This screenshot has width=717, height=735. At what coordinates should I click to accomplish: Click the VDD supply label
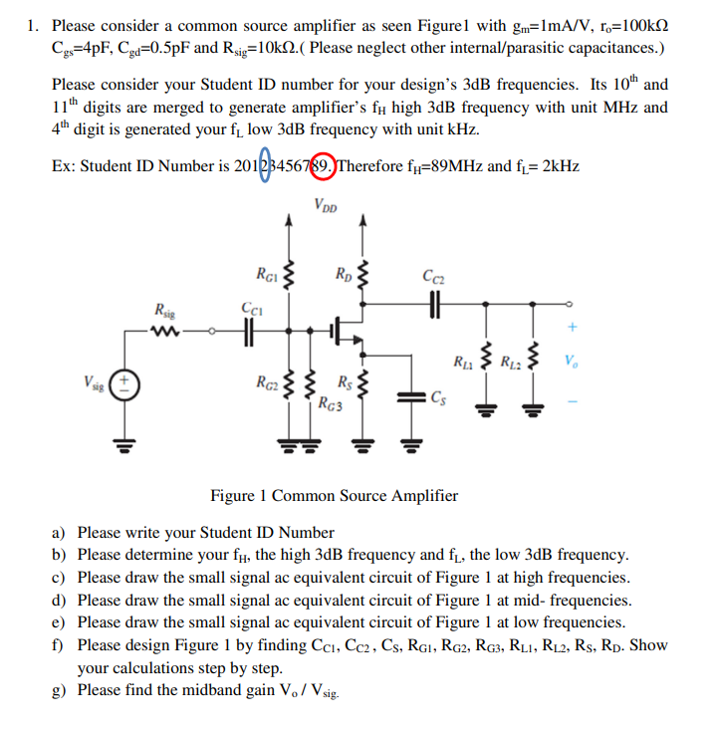tap(325, 206)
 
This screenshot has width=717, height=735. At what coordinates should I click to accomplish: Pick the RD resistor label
tap(345, 273)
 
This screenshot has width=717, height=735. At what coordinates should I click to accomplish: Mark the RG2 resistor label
tap(267, 379)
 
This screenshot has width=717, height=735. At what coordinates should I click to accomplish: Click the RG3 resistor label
tap(330, 402)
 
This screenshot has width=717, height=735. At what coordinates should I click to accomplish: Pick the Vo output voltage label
tap(569, 360)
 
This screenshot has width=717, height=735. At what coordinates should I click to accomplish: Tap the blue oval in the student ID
tap(264, 165)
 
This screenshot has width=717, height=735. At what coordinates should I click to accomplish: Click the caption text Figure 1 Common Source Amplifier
tap(335, 495)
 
